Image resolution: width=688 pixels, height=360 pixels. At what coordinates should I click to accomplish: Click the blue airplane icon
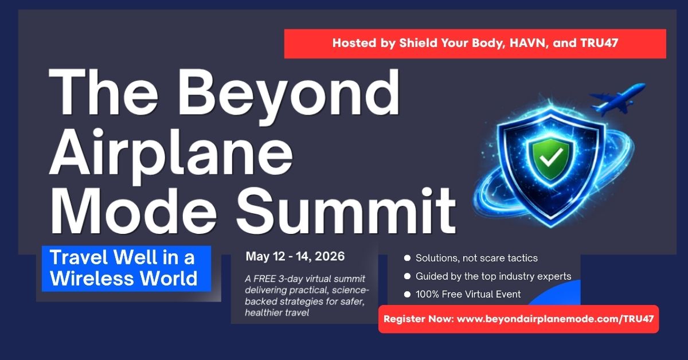point(617,99)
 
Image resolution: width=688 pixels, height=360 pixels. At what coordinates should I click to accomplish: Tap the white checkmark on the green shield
point(552,156)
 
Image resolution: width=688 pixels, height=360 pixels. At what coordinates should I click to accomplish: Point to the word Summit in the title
point(346,211)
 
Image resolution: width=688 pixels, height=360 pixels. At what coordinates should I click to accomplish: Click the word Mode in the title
point(134,211)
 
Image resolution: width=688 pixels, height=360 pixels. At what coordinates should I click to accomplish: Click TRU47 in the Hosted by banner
point(599,43)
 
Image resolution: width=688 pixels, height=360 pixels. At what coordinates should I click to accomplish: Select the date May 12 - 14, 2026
point(295,256)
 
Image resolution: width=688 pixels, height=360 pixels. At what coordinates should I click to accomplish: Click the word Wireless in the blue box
point(92,278)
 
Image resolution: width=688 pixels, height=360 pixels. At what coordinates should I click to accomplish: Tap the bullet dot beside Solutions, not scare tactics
point(407,258)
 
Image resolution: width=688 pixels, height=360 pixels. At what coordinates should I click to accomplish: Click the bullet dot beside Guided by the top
point(407,276)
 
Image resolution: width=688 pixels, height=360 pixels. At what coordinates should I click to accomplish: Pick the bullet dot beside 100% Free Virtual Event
point(407,294)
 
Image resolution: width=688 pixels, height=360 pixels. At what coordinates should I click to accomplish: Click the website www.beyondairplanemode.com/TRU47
point(556,319)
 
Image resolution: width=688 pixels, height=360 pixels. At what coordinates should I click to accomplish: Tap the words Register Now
point(419,319)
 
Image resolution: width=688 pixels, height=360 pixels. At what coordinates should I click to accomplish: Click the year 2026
point(330,256)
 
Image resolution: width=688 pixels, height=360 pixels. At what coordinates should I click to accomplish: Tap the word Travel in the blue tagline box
point(80,257)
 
